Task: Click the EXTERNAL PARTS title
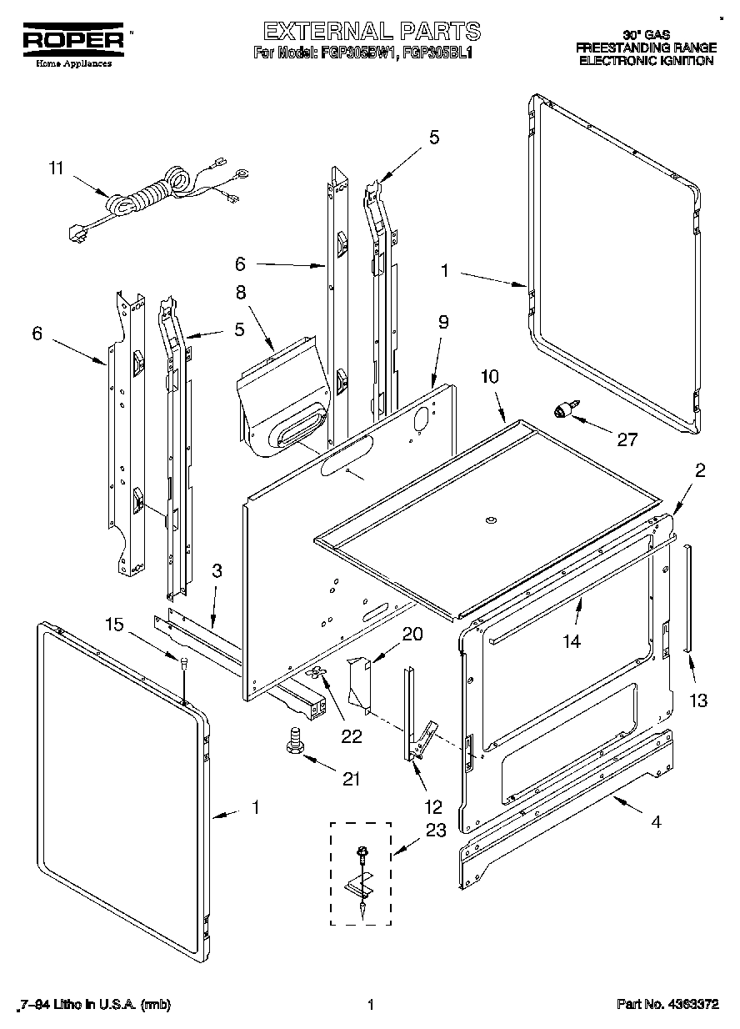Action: click(x=371, y=32)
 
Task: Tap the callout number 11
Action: click(x=56, y=168)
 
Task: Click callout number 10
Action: click(x=489, y=377)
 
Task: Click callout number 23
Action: click(x=436, y=830)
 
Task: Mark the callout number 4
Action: click(x=657, y=822)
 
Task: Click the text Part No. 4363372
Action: click(x=667, y=1006)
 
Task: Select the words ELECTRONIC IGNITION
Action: click(x=646, y=61)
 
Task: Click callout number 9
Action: click(x=443, y=322)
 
